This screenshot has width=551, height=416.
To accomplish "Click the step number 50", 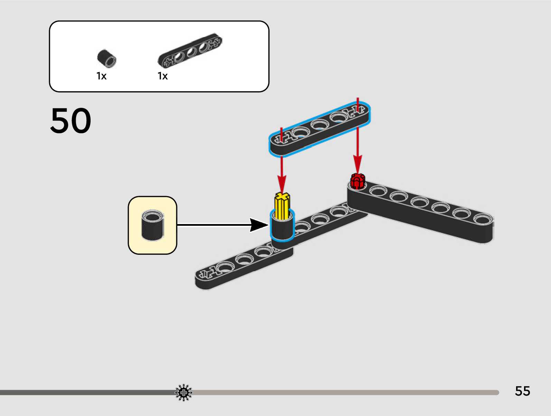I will (71, 120).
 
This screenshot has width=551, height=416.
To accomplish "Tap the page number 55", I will (522, 391).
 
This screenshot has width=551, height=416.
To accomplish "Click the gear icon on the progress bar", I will (184, 393).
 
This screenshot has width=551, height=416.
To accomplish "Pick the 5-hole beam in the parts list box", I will (190, 50).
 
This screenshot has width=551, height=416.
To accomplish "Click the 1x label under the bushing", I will (101, 76).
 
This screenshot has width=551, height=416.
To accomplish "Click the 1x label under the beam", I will (162, 76).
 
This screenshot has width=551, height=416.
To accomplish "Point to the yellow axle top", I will (282, 197).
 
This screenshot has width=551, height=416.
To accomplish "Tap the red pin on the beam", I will (357, 181).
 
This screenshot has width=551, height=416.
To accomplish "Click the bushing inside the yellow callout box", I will (152, 225).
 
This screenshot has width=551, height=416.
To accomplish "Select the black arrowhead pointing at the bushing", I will (259, 225).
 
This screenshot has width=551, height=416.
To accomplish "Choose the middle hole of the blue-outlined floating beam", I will (319, 124).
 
